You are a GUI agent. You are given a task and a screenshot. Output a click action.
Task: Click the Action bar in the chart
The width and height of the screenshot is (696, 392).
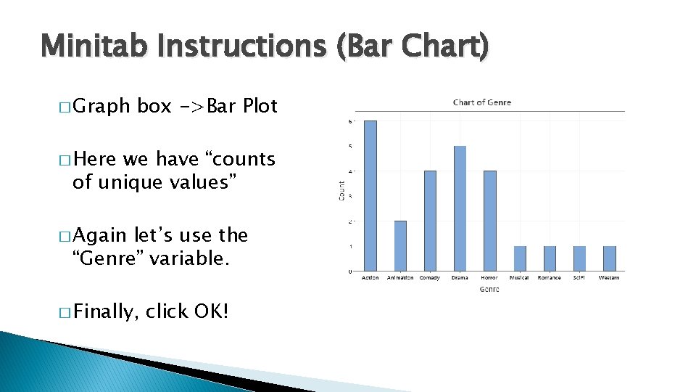[370, 196]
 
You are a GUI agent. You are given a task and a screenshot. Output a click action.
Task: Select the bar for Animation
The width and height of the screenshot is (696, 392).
[400, 246]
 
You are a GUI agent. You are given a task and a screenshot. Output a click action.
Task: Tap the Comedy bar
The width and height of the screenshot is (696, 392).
[430, 221]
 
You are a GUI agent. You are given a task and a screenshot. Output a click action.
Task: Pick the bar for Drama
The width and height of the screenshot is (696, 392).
[460, 209]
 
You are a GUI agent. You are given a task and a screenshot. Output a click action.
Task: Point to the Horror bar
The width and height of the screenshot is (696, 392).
[490, 221]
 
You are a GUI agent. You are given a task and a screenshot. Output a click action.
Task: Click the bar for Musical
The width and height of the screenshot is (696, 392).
[520, 258]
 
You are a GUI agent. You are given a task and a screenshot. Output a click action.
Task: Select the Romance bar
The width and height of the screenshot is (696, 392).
[550, 258]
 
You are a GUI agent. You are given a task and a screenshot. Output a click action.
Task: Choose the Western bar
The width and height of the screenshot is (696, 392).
[610, 258]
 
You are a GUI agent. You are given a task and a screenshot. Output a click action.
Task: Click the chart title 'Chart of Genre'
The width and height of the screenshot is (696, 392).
[481, 102]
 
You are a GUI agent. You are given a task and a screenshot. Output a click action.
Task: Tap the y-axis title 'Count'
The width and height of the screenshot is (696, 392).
[341, 191]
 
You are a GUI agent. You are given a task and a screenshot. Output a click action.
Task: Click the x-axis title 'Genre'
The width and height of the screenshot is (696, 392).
[489, 289]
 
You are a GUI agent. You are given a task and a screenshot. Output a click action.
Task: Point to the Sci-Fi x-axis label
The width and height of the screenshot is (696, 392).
[579, 278]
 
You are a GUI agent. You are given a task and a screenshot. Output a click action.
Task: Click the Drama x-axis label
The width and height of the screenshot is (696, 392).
[460, 278]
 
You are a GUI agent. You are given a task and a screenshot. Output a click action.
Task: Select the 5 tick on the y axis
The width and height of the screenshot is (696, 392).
[352, 146]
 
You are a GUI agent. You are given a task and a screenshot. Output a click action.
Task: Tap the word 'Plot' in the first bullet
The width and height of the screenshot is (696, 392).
[260, 106]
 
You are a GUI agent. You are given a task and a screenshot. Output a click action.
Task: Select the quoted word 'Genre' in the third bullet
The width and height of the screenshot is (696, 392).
[111, 259]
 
